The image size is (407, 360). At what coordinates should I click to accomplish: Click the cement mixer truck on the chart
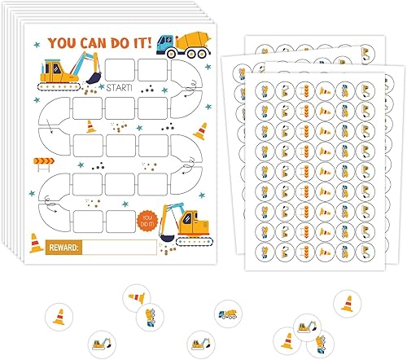click(178, 45)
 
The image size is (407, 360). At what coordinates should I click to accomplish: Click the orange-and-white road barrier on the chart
click(38, 162)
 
